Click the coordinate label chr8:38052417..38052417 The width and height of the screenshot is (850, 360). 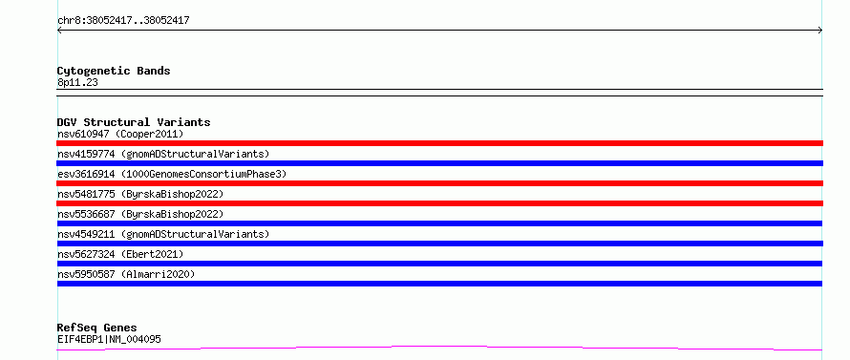123,21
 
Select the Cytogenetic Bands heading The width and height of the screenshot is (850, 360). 114,71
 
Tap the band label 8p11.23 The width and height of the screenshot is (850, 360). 77,83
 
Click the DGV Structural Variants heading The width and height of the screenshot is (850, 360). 134,122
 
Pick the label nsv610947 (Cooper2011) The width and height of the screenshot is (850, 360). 120,134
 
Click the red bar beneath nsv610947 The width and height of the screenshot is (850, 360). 439,143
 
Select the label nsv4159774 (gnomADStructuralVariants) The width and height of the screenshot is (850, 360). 163,154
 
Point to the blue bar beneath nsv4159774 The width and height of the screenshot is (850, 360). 439,163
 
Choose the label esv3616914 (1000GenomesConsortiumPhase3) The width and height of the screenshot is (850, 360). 172,174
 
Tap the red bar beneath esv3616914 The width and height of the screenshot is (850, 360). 439,183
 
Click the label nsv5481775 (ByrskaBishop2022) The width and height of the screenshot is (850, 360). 140,194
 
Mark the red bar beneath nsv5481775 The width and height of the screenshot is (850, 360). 439,203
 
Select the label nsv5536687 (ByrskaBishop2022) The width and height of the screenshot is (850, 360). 140,214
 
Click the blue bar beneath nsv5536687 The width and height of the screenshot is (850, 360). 439,223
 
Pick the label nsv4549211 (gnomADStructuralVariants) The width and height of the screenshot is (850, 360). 163,234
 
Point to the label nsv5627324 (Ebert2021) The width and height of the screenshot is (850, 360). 120,254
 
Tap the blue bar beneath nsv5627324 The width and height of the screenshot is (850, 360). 439,264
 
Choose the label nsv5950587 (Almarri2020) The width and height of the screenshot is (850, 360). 126,274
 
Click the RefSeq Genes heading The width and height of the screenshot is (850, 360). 96,328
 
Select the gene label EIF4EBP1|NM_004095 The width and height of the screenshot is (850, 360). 109,339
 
